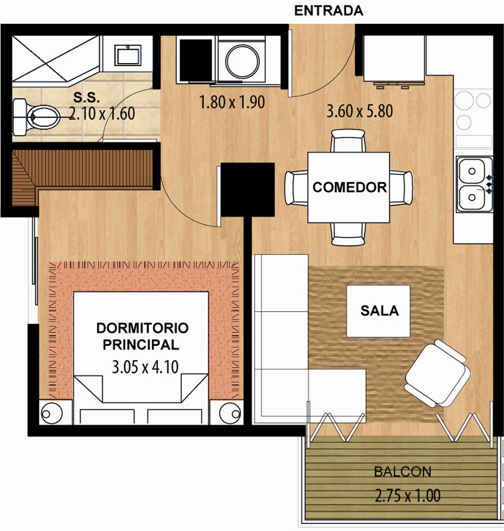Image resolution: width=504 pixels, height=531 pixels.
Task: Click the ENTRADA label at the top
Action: click(x=328, y=11)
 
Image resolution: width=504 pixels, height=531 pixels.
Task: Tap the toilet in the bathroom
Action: click(x=37, y=117)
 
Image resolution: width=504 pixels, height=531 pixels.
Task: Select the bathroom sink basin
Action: click(x=128, y=55)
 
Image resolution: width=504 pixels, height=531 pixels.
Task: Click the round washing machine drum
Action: click(x=242, y=61)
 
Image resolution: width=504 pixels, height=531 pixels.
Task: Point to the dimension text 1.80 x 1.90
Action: click(x=232, y=102)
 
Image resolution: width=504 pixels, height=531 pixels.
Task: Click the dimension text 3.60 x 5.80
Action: click(x=360, y=111)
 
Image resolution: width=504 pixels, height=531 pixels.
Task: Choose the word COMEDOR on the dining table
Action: click(x=350, y=188)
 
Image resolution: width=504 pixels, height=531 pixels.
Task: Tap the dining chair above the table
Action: click(x=348, y=141)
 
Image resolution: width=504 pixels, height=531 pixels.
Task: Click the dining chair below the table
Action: click(x=348, y=234)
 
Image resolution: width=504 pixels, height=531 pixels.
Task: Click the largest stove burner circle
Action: click(x=464, y=100)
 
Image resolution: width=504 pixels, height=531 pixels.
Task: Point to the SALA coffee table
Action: click(x=378, y=311)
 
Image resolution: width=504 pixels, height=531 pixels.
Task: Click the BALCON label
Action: click(x=403, y=472)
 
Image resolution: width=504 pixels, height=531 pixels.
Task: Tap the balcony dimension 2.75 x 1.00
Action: click(x=408, y=495)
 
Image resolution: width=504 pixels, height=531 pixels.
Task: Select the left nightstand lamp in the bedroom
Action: click(x=51, y=413)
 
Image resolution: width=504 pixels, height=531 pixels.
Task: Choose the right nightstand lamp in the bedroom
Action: click(x=230, y=413)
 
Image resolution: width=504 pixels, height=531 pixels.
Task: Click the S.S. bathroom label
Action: click(x=86, y=97)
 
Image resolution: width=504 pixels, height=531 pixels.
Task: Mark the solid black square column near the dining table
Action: click(x=247, y=190)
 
